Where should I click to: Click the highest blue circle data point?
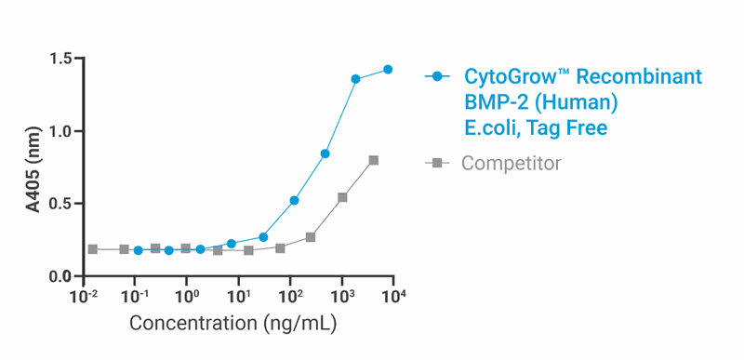(388, 70)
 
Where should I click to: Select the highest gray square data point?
(374, 160)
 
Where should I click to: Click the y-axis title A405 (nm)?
(33, 167)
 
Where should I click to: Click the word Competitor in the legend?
(511, 164)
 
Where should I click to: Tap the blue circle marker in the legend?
(437, 76)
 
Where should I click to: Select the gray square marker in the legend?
(437, 164)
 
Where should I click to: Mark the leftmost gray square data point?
(92, 249)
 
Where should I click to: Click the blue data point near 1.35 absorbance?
(355, 79)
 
